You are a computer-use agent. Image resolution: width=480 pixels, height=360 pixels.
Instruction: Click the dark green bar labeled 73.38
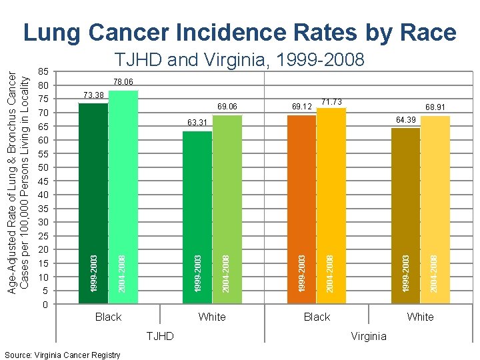[93, 200]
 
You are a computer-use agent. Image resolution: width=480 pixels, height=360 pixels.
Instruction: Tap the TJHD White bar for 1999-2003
[198, 213]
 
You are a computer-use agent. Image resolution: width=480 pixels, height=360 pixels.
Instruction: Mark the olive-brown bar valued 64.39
[405, 213]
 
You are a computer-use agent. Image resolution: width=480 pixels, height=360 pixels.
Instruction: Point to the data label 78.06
[123, 82]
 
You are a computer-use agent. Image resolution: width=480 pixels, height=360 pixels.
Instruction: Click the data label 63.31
[198, 123]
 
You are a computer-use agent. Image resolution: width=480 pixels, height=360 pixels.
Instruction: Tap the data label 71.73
[331, 102]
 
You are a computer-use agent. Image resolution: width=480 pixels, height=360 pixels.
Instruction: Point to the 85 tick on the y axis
[43, 71]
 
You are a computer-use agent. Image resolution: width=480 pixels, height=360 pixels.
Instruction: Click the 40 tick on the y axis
[43, 195]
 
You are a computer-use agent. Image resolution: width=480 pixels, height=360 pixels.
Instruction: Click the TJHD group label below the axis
[160, 336]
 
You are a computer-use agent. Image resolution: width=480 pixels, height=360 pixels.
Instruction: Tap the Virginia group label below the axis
[369, 336]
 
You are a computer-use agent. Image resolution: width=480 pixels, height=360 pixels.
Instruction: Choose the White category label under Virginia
[420, 317]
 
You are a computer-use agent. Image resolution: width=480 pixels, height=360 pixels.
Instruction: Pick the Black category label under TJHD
[108, 317]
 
